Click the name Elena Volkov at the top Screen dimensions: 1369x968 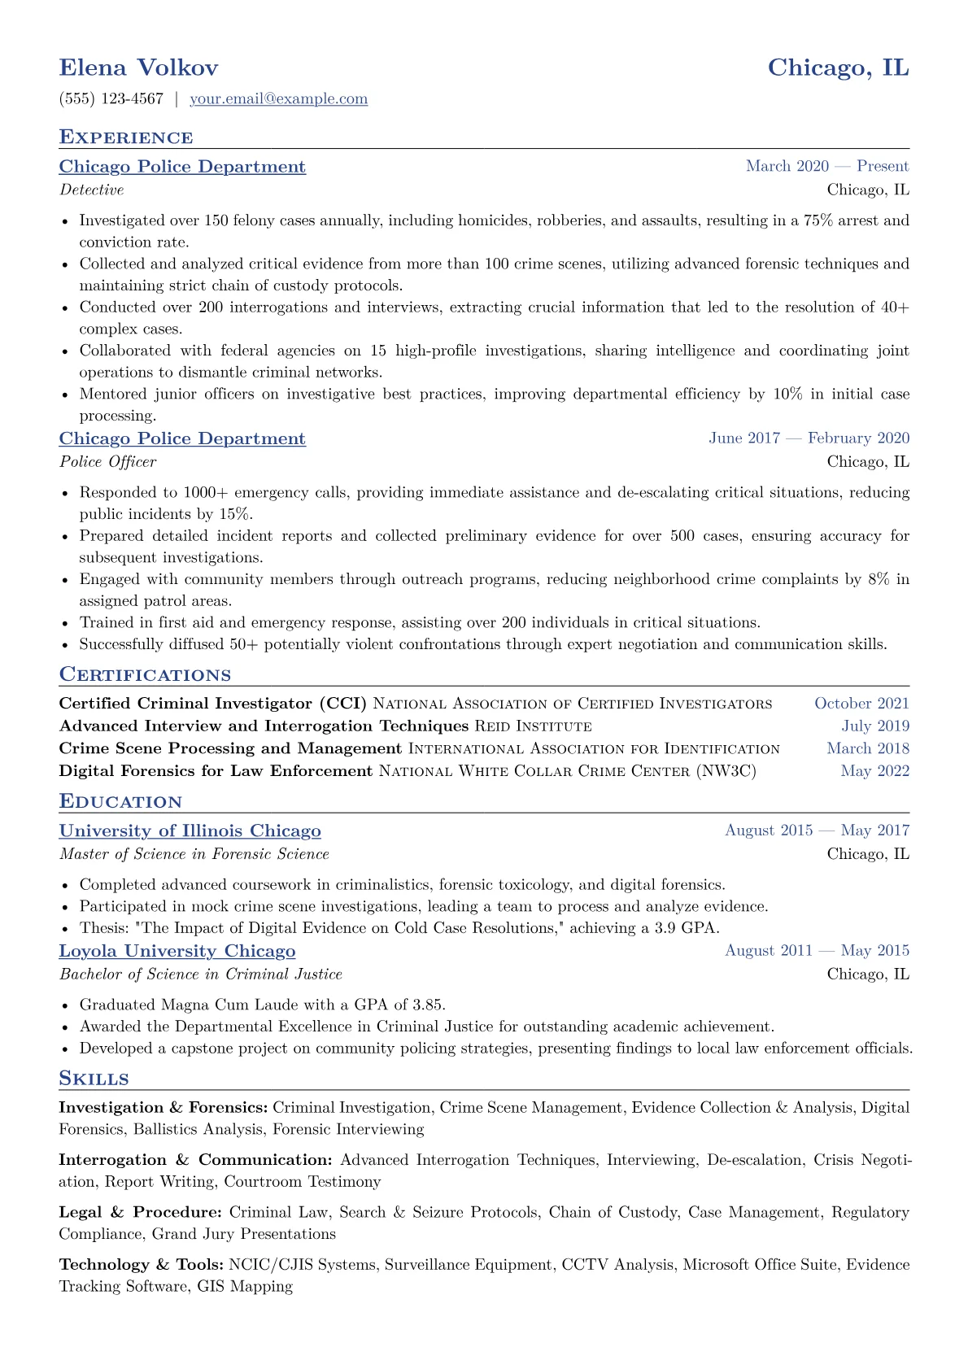(x=138, y=68)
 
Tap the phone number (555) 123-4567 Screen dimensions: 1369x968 (x=111, y=99)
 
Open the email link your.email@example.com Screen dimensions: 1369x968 (x=278, y=99)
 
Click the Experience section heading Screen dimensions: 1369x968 (x=126, y=137)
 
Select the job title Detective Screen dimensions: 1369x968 (x=91, y=190)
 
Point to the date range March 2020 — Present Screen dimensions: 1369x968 (x=826, y=167)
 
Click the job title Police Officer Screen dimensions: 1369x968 (x=107, y=462)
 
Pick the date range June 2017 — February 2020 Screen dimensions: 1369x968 (x=809, y=438)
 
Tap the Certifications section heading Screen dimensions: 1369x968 (x=145, y=675)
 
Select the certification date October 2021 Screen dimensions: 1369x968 (x=861, y=704)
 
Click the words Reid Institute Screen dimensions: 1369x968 (x=533, y=726)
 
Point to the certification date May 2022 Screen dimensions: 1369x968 (x=874, y=771)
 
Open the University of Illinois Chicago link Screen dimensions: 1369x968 (x=190, y=831)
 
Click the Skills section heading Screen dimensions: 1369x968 (x=94, y=1079)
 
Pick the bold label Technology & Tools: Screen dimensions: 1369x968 (x=142, y=1265)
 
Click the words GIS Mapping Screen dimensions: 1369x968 (x=245, y=1287)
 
